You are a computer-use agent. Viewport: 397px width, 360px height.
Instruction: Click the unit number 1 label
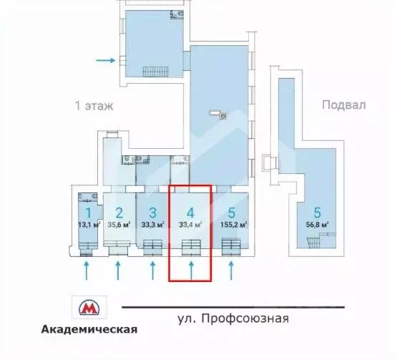pyautogui.click(x=87, y=212)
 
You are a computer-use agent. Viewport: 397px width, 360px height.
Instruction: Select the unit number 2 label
pyautogui.click(x=119, y=212)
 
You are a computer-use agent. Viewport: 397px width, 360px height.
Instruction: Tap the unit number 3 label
pyautogui.click(x=152, y=212)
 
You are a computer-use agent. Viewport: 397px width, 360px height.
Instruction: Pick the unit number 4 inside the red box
pyautogui.click(x=190, y=212)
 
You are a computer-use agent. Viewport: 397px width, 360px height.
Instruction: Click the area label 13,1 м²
pyautogui.click(x=87, y=223)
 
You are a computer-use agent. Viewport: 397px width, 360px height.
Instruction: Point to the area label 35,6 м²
pyautogui.click(x=119, y=223)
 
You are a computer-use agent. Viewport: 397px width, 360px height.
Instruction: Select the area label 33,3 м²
pyautogui.click(x=152, y=223)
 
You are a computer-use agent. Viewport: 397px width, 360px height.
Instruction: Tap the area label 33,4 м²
pyautogui.click(x=190, y=224)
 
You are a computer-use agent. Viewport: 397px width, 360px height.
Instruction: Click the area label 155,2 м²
pyautogui.click(x=232, y=224)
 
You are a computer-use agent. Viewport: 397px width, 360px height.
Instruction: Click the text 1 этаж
pyautogui.click(x=94, y=105)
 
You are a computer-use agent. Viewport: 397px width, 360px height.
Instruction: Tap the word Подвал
pyautogui.click(x=343, y=104)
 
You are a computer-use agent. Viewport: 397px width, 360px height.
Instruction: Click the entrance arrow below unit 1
pyautogui.click(x=87, y=270)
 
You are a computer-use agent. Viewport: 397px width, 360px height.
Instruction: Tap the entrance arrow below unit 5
pyautogui.click(x=230, y=270)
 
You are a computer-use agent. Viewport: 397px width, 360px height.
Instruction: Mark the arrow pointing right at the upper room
pyautogui.click(x=105, y=60)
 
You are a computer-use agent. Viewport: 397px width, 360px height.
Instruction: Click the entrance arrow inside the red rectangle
pyautogui.click(x=191, y=270)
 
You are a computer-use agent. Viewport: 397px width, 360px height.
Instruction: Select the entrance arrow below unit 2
pyautogui.click(x=119, y=270)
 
